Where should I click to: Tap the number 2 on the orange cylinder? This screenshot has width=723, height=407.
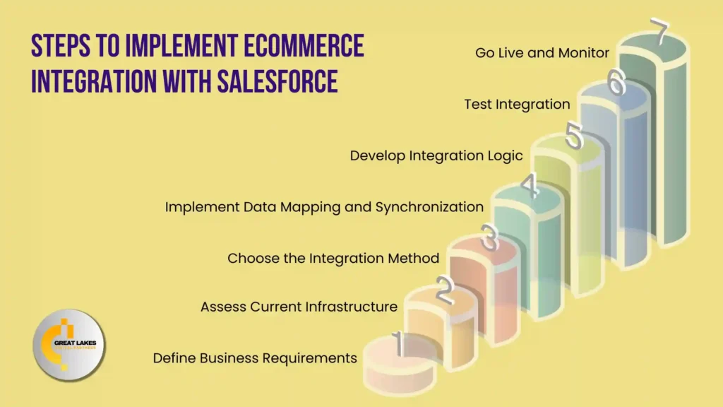pos(443,290)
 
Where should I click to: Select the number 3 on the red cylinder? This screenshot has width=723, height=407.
pos(489,238)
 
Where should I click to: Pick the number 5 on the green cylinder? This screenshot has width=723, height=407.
pos(574,136)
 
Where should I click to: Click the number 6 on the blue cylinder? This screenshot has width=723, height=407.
pos(616,83)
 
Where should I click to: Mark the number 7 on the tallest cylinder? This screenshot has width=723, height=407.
pos(659,33)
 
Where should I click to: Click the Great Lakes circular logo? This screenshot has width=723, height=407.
pos(68,346)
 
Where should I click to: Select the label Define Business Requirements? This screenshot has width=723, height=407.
pos(255,358)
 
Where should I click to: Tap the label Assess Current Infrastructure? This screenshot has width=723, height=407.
pos(299,307)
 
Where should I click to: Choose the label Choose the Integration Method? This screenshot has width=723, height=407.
pos(333,258)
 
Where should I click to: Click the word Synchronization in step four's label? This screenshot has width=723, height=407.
pos(429,207)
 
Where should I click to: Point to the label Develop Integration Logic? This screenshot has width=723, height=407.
pos(436,155)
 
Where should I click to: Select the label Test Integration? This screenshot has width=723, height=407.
pos(517,104)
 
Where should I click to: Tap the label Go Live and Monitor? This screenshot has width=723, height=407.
pos(542,52)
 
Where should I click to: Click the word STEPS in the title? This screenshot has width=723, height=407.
pos(59,46)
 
